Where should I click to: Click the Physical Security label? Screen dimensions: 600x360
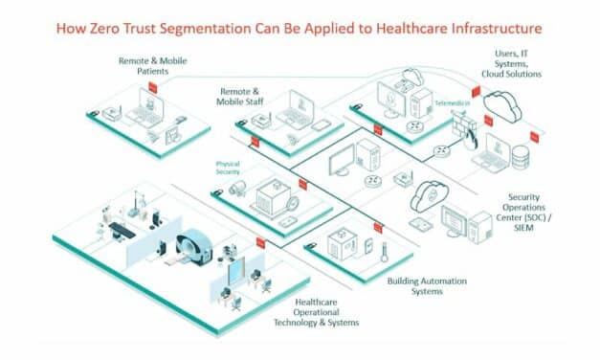click(x=228, y=168)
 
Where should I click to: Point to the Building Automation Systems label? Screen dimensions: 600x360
click(x=415, y=285)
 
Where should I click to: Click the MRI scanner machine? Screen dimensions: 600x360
click(x=195, y=245)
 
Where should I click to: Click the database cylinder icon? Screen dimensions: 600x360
click(x=520, y=154)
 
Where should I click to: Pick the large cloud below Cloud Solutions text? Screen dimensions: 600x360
click(x=502, y=102)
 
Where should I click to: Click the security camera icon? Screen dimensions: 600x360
click(x=238, y=188)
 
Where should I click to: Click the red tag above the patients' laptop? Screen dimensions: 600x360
click(x=164, y=83)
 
